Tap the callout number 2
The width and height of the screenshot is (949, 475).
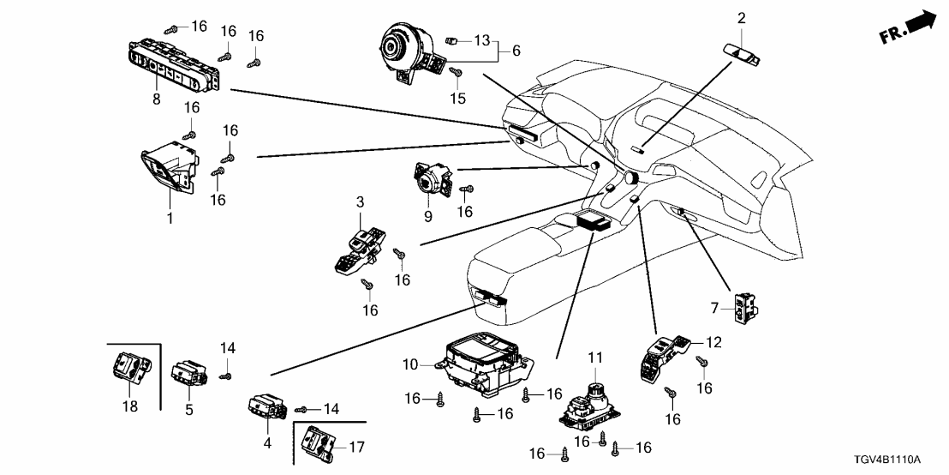point(742,17)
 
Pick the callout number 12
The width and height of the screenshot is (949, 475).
point(713,342)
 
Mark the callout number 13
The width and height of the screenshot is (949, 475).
point(482,40)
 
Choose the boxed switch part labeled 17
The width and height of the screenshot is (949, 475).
point(319,442)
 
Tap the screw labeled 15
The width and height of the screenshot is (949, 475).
point(457,75)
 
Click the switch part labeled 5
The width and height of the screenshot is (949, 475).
point(188,374)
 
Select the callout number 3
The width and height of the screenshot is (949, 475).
point(361,202)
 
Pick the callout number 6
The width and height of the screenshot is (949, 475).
point(516,51)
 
